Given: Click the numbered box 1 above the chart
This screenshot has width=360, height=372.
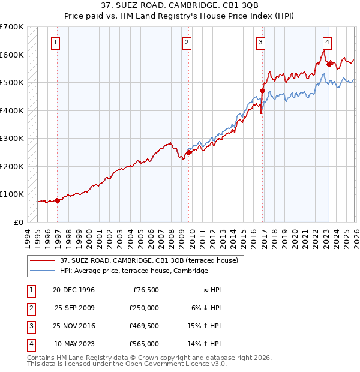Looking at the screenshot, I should click(x=55, y=42).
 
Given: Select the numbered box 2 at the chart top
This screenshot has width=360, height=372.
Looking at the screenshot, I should click(x=187, y=42).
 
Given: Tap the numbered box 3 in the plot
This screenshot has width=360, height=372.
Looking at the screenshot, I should click(x=261, y=42).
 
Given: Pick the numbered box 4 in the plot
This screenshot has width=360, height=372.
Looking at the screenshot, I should click(x=327, y=42).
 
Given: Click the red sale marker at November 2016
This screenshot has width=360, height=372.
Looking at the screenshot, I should click(x=262, y=91).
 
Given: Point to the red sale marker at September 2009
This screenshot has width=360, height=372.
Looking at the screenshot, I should click(x=188, y=152).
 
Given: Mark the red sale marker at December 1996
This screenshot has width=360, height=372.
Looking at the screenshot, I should click(x=58, y=201).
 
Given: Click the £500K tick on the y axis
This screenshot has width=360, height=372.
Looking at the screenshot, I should click(x=12, y=83).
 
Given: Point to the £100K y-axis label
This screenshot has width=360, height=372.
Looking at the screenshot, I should click(x=12, y=194).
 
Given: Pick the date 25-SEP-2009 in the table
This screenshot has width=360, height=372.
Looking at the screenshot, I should click(x=75, y=308).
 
